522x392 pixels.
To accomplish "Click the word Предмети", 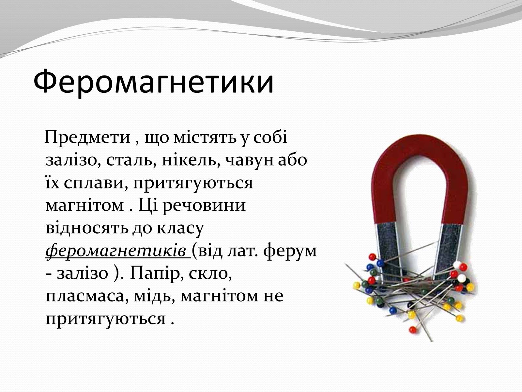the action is tap(87, 137).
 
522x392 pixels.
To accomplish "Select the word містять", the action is tap(205, 137).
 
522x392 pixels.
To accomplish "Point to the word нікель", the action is tap(191, 160).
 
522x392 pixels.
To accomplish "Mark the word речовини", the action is tap(204, 206).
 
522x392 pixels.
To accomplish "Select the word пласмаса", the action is tap(85, 296).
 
